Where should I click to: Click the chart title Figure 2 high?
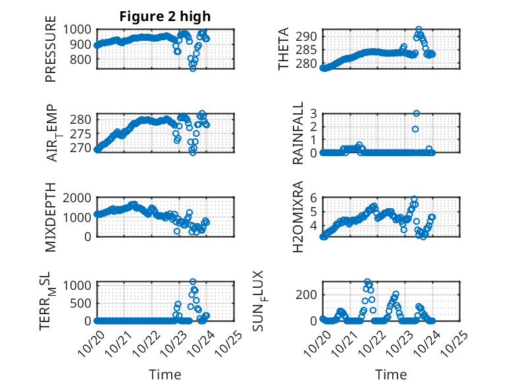coord(165,16)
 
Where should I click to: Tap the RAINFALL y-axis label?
coord(298,133)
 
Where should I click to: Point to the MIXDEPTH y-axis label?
coord(51,217)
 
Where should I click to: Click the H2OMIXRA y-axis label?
coord(298,217)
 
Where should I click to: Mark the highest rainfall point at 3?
coord(416,113)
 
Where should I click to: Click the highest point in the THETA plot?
coord(419,30)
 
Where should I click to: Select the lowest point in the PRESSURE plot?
coord(193,68)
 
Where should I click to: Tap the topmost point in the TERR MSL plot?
coord(193,282)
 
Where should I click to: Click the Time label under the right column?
coord(391,374)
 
